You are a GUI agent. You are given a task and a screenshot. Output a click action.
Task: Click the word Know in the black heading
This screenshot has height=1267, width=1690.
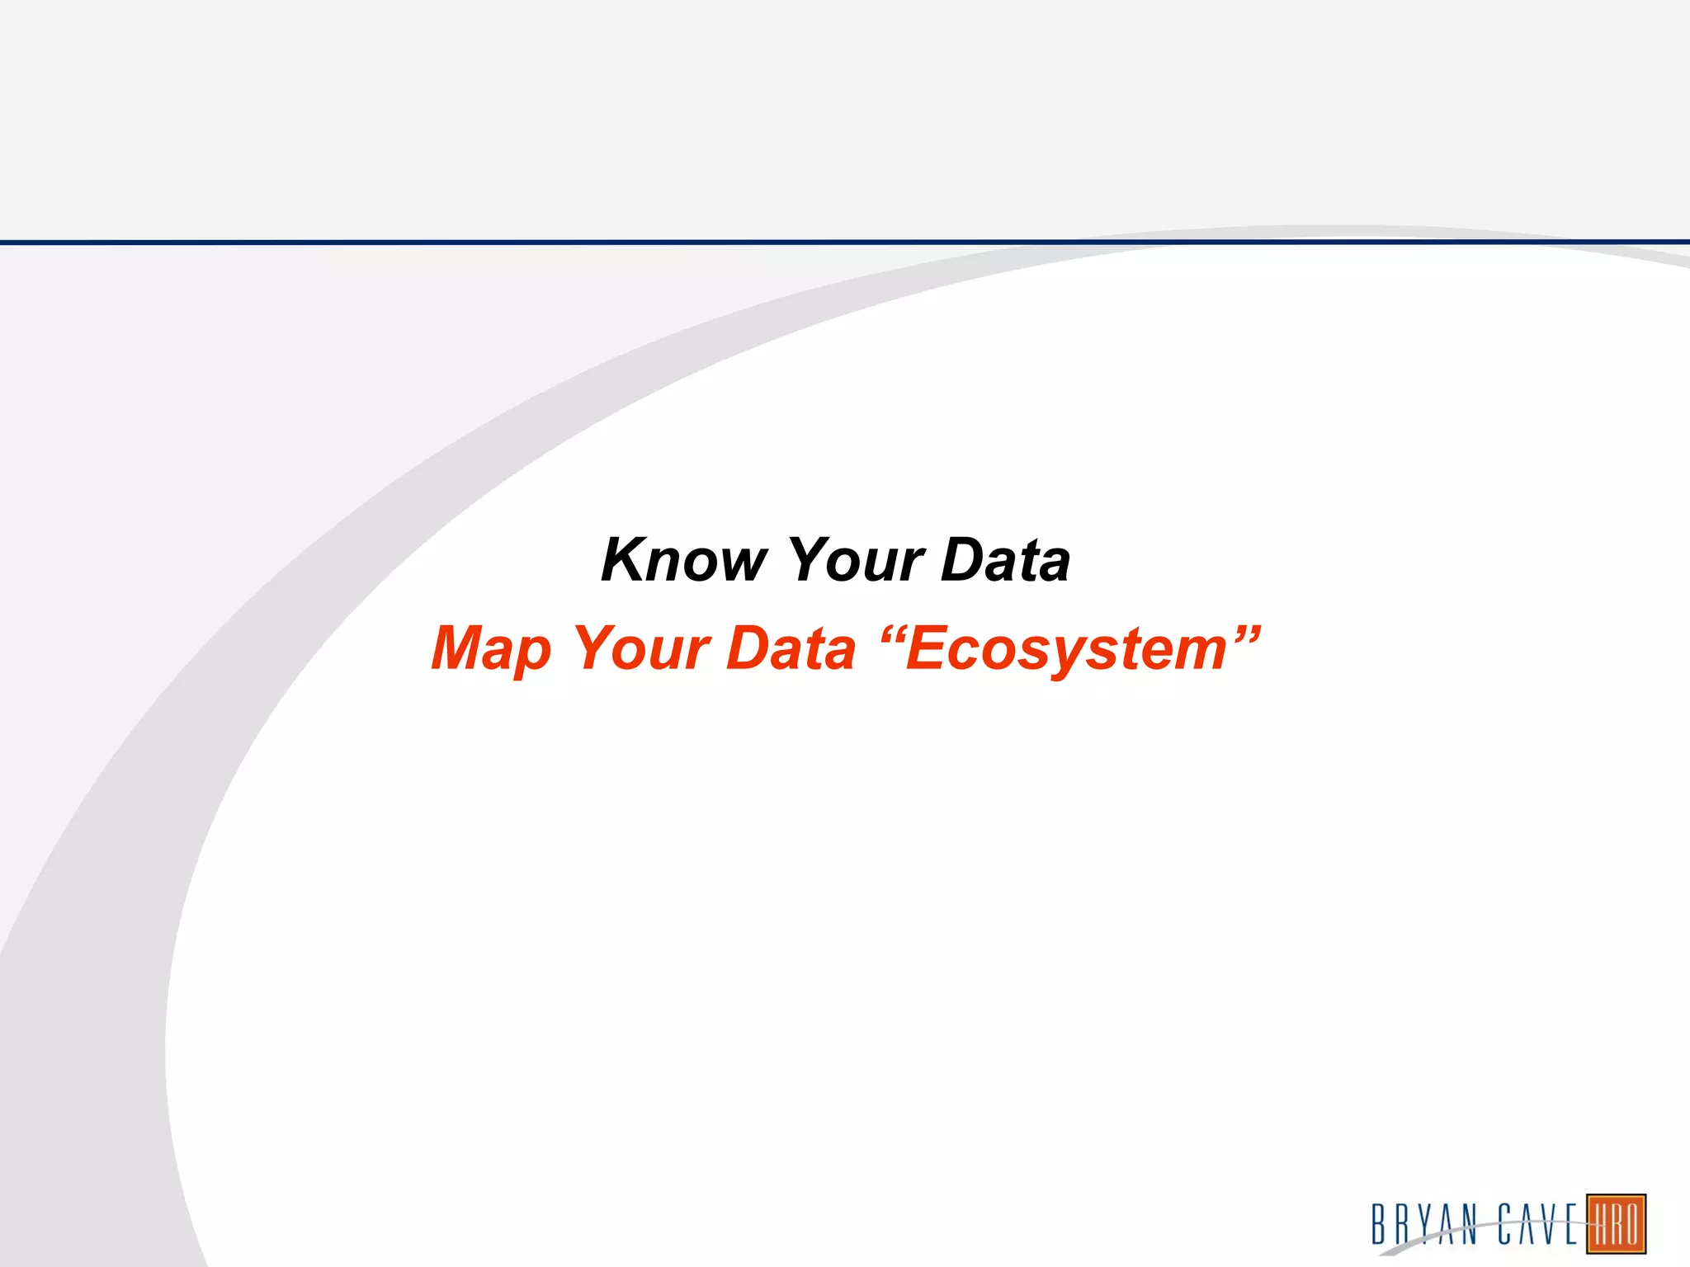[684, 560]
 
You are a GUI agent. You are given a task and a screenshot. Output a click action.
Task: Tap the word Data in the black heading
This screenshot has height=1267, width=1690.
[1005, 560]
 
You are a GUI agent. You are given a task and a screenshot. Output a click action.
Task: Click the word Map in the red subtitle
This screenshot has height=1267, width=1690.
[491, 649]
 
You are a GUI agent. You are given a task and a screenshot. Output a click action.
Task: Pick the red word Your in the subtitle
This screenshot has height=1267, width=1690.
[641, 648]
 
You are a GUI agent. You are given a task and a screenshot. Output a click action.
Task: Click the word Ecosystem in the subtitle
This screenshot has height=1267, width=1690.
[1066, 650]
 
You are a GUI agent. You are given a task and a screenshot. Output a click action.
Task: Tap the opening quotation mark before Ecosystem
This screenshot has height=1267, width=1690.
[893, 635]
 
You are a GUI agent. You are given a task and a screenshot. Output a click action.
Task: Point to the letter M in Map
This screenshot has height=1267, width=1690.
[463, 648]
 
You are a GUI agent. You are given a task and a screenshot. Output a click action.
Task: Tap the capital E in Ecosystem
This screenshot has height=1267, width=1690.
[928, 648]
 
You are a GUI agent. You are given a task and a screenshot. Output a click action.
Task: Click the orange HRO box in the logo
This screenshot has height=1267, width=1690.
[1616, 1224]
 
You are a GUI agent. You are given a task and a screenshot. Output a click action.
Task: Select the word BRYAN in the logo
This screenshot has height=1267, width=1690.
[1424, 1224]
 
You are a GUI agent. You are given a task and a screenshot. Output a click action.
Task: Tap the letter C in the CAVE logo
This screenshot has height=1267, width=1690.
[1505, 1224]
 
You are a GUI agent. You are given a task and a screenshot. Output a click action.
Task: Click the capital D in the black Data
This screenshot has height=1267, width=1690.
[963, 560]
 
